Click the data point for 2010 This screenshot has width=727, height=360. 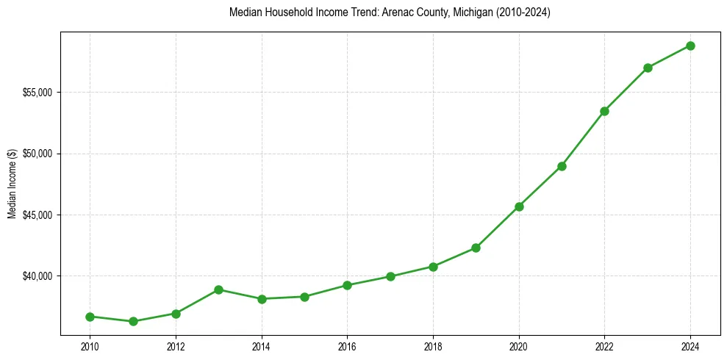click(x=90, y=317)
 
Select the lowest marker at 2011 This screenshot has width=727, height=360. click(x=133, y=321)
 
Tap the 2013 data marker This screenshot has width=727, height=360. click(x=218, y=289)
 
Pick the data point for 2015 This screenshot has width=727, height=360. click(x=304, y=297)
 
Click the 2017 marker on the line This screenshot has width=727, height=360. click(x=390, y=276)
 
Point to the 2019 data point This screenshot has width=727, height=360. click(x=476, y=248)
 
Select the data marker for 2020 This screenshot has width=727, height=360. click(x=519, y=206)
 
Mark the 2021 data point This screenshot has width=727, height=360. click(x=562, y=166)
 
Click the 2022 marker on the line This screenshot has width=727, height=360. click(x=604, y=111)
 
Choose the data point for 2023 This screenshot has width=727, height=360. click(x=648, y=68)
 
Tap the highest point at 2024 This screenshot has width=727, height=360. click(x=690, y=46)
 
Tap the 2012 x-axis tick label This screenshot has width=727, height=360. click(x=176, y=346)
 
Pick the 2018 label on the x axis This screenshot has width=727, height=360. click(x=433, y=346)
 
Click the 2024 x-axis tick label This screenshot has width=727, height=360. click(x=690, y=346)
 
